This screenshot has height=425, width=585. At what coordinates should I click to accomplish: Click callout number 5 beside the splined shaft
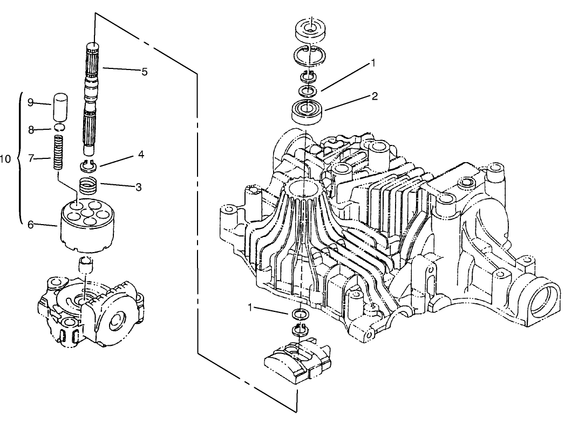145,72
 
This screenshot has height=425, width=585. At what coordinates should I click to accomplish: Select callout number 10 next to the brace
5,159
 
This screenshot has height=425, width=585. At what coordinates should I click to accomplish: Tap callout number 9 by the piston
31,102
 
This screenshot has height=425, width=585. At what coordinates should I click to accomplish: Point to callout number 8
31,130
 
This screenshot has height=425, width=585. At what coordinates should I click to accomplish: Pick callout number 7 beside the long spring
31,158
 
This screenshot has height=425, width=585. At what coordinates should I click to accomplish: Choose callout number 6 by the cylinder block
31,225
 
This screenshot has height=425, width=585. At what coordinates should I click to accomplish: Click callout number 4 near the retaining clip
141,154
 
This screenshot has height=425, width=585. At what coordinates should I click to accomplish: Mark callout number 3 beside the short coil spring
138,187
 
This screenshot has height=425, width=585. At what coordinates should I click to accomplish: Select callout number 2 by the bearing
375,96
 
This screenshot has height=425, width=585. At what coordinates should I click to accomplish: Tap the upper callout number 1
372,64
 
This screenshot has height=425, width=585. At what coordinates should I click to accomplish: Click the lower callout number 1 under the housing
250,307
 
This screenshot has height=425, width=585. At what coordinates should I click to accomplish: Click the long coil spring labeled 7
59,153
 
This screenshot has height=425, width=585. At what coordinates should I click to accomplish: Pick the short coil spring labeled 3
89,185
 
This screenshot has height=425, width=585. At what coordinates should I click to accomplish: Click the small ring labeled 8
59,127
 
